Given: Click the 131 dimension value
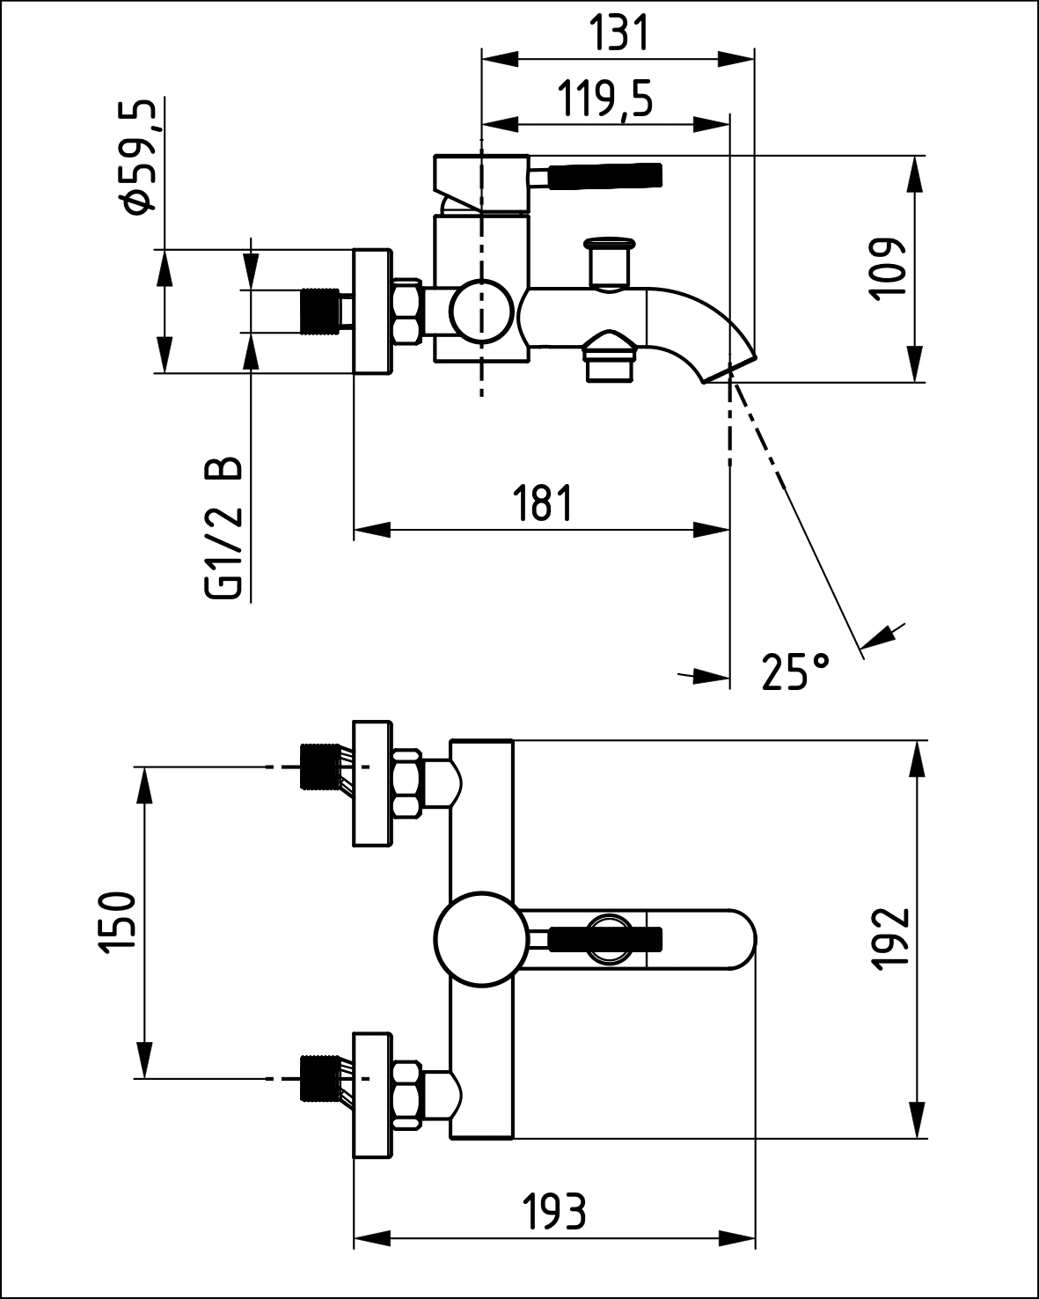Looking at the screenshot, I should pos(618,33).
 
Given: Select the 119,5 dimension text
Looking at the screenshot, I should pos(606,99).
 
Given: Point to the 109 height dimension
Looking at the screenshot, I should pos(890,268).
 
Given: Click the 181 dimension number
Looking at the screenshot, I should pos(543,503).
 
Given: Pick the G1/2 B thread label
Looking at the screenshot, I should pos(223,528).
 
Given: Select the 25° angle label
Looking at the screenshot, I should pos(794,672).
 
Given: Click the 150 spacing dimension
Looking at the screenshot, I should pos(117,921).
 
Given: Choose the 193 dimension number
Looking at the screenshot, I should pos(554,1213).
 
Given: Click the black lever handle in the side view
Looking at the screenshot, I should pos(604,176).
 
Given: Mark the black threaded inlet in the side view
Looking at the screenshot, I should pos(319,312).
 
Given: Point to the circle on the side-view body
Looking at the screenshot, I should pos(481,312).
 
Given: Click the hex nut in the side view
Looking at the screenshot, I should pos(406,312).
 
